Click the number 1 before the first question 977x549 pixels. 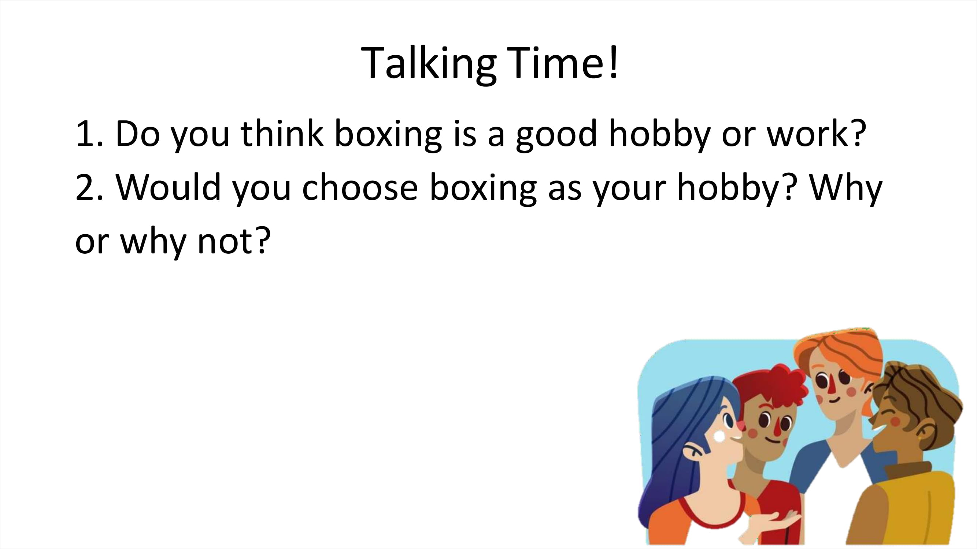tap(85, 134)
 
